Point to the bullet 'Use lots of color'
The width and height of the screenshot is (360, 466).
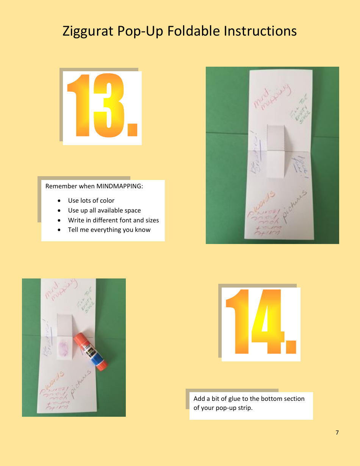point(91,200)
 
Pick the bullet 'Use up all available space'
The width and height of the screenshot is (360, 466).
point(104,210)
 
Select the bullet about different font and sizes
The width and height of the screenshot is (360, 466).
point(113,220)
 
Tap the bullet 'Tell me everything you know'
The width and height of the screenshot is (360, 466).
point(109,230)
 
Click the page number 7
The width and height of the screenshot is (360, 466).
point(337,433)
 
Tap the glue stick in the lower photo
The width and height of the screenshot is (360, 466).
point(91,351)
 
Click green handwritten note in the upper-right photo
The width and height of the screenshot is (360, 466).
point(300,113)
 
